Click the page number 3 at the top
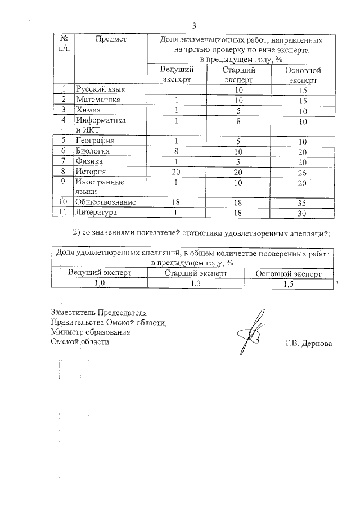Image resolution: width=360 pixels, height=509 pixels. coord(194,26)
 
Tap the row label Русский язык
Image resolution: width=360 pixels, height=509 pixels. coord(97,89)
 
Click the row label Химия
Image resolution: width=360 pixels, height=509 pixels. coord(88,110)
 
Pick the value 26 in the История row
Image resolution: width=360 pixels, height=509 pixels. coord(303,172)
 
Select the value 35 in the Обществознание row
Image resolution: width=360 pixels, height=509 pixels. coord(303,202)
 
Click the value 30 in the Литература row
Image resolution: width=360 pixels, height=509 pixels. coord(303,213)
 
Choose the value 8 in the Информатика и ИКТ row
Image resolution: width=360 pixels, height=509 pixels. coord(239,120)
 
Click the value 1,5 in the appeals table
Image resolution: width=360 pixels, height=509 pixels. coord(288,285)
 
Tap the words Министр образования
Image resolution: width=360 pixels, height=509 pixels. coord(91,332)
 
